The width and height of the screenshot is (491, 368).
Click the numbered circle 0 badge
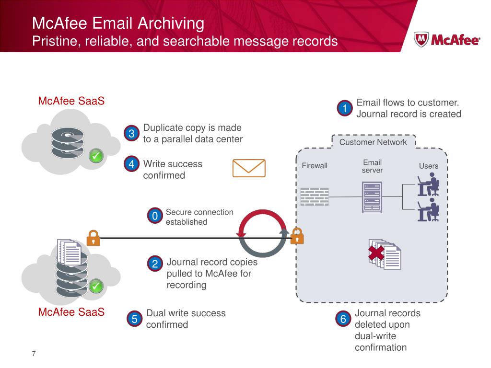click(154, 217)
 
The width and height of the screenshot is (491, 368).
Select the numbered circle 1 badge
click(344, 109)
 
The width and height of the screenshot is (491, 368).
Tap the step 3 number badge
click(131, 134)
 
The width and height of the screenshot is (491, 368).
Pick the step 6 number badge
click(343, 319)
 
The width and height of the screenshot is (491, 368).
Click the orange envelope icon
click(249, 168)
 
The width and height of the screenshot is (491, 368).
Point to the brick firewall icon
click(315, 196)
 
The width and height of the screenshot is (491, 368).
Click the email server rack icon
click(372, 197)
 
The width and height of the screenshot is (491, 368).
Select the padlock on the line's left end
click(93, 237)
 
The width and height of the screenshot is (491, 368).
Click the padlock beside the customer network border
click(297, 236)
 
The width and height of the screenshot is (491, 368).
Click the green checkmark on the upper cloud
click(96, 156)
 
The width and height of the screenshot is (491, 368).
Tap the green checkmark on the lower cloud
click(96, 286)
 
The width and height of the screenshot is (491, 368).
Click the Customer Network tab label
click(373, 142)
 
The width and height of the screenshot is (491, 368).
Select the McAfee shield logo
click(421, 39)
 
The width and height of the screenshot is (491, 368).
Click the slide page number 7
click(34, 354)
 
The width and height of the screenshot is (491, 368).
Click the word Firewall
click(315, 166)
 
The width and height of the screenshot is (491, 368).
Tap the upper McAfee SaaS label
click(71, 102)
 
